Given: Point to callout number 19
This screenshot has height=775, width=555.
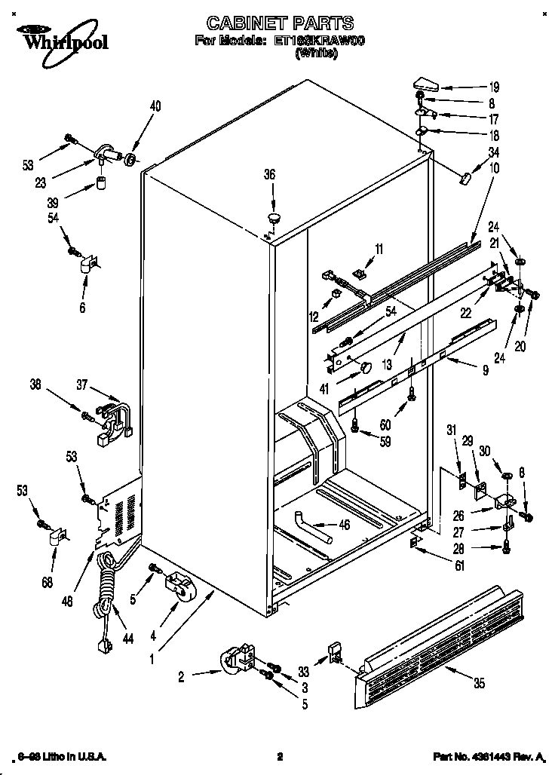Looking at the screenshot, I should (493, 87).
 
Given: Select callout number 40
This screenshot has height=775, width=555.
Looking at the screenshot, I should (155, 106).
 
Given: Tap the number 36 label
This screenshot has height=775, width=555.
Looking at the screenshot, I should (270, 174).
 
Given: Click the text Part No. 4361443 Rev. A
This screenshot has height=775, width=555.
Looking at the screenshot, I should (488, 756).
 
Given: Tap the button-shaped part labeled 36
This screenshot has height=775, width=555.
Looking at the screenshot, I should (273, 218).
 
